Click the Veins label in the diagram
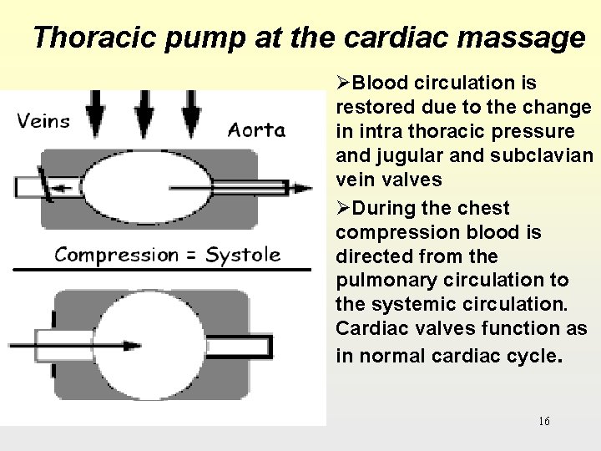43,120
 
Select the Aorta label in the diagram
256,129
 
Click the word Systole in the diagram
243,254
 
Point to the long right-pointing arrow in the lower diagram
75,343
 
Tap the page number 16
544,421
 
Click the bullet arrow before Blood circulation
343,84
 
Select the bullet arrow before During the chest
343,208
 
